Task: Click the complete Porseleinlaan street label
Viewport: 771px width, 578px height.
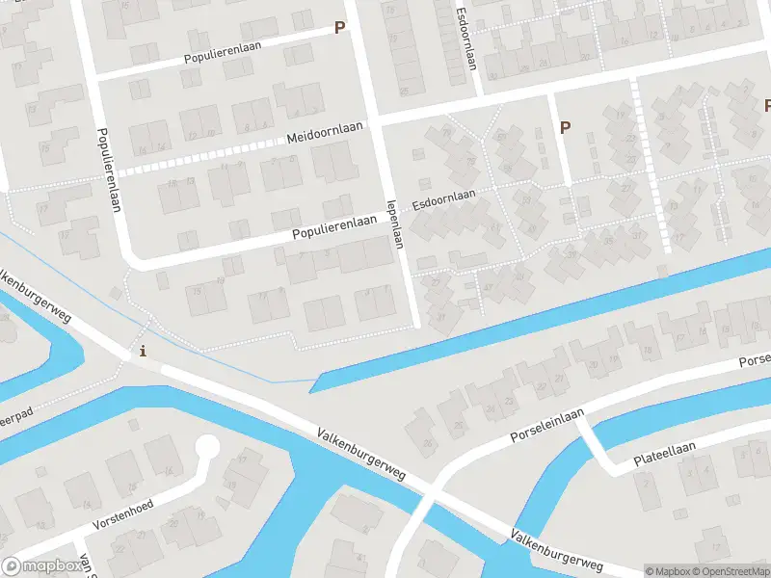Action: pyautogui.click(x=546, y=426)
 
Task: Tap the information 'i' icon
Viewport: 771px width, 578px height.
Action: pyautogui.click(x=144, y=351)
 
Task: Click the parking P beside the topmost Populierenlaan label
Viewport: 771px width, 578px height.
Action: pyautogui.click(x=339, y=28)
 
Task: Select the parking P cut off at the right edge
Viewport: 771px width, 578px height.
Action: pyautogui.click(x=767, y=106)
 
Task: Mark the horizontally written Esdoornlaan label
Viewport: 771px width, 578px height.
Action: pyautogui.click(x=444, y=200)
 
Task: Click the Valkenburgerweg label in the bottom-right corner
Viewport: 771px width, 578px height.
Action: pyautogui.click(x=557, y=550)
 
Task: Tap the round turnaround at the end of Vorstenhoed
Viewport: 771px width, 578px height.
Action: pyautogui.click(x=206, y=447)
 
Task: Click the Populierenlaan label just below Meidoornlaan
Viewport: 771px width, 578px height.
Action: pyautogui.click(x=334, y=227)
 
